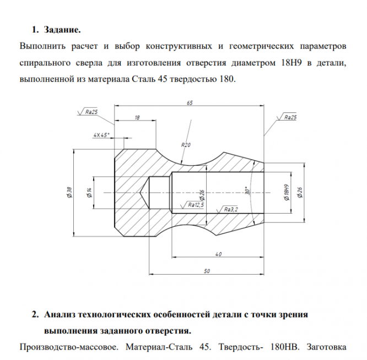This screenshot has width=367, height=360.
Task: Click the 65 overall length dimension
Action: [x=189, y=103]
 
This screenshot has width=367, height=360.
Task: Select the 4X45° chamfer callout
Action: [x=101, y=134]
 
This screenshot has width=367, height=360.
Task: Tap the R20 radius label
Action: [x=186, y=145]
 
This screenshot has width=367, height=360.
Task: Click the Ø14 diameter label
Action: [x=88, y=192]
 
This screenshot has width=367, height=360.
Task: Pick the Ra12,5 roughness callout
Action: [x=196, y=204]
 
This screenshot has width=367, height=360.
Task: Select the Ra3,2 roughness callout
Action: [x=231, y=209]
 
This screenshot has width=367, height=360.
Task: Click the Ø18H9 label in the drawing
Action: [x=287, y=192]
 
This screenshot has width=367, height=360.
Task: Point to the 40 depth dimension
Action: [x=218, y=253]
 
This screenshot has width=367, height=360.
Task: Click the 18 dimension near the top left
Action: [x=137, y=118]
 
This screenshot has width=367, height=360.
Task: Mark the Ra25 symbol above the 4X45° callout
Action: [x=91, y=112]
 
